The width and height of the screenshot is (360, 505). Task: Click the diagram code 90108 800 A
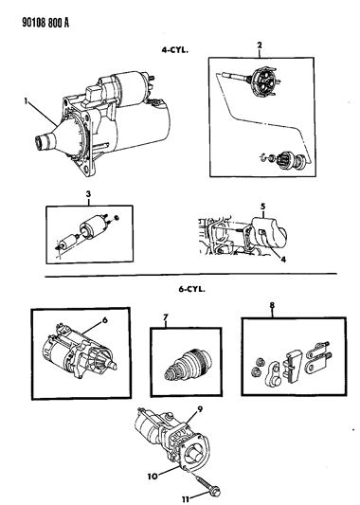45,23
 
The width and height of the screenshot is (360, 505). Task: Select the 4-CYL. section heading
174,50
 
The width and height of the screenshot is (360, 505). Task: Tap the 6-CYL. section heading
192,289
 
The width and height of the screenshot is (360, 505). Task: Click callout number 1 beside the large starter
26,101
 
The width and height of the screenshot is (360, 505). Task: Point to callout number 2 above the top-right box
260,45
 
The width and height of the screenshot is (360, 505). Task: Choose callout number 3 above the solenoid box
88,194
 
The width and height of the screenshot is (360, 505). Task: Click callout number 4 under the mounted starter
283,260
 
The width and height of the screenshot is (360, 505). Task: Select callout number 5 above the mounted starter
262,206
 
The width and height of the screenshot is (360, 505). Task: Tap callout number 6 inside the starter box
104,320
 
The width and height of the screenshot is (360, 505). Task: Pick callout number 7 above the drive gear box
166,317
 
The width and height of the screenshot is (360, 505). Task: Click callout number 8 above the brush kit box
272,305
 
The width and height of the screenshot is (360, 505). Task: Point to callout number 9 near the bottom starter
200,409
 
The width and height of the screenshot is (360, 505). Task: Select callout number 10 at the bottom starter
153,476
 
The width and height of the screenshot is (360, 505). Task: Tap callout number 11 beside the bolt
185,499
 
